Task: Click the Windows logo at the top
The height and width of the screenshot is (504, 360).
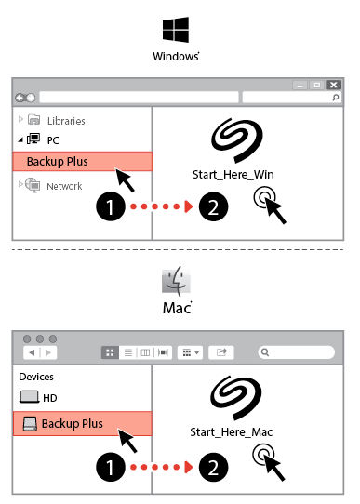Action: point(176,30)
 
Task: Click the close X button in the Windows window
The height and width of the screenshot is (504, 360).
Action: point(334,85)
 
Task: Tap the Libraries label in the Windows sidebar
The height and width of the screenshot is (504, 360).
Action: point(66,121)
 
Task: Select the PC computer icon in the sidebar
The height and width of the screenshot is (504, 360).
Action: point(33,139)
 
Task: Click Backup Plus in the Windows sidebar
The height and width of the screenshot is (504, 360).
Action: point(58,162)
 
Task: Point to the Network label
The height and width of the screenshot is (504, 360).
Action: point(64,186)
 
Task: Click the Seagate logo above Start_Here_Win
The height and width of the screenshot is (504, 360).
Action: point(237,139)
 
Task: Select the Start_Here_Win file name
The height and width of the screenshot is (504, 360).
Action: point(233,175)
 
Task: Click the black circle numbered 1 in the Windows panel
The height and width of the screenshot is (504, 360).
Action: point(111,206)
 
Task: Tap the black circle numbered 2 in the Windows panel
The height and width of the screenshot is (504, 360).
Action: point(213,206)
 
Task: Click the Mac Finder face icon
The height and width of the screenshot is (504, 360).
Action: point(176,281)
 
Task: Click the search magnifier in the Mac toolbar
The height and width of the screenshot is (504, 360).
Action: point(265,352)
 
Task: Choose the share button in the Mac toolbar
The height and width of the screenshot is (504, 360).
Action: point(221,352)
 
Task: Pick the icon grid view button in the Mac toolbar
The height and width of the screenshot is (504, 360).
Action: point(110,352)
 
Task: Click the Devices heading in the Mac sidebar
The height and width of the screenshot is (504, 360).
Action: point(36,377)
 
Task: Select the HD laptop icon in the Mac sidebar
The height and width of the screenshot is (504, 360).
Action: point(29,397)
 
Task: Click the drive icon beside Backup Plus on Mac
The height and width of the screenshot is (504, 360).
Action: point(30,424)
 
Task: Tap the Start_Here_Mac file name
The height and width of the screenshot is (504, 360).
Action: point(231,432)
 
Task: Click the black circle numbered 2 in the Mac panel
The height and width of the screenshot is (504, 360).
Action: point(213,467)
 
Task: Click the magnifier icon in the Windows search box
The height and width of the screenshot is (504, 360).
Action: point(336,97)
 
